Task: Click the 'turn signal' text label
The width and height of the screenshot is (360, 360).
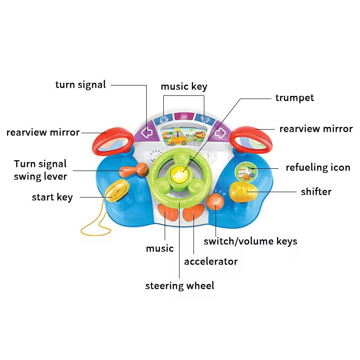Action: click(81, 85)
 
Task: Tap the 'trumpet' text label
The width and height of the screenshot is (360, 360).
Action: click(294, 98)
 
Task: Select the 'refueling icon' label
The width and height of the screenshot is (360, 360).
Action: click(318, 167)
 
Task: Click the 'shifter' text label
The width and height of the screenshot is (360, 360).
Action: click(316, 192)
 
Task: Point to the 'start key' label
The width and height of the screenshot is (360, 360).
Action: click(52, 197)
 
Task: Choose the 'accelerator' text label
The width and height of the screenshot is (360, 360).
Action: click(211, 261)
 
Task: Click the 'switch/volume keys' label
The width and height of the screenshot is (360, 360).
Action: click(250, 241)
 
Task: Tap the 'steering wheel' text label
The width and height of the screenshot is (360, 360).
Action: click(180, 285)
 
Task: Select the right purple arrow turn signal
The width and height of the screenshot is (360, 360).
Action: click(220, 134)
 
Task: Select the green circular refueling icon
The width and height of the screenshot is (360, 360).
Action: click(245, 171)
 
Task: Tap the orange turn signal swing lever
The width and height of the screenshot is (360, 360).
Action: click(131, 171)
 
